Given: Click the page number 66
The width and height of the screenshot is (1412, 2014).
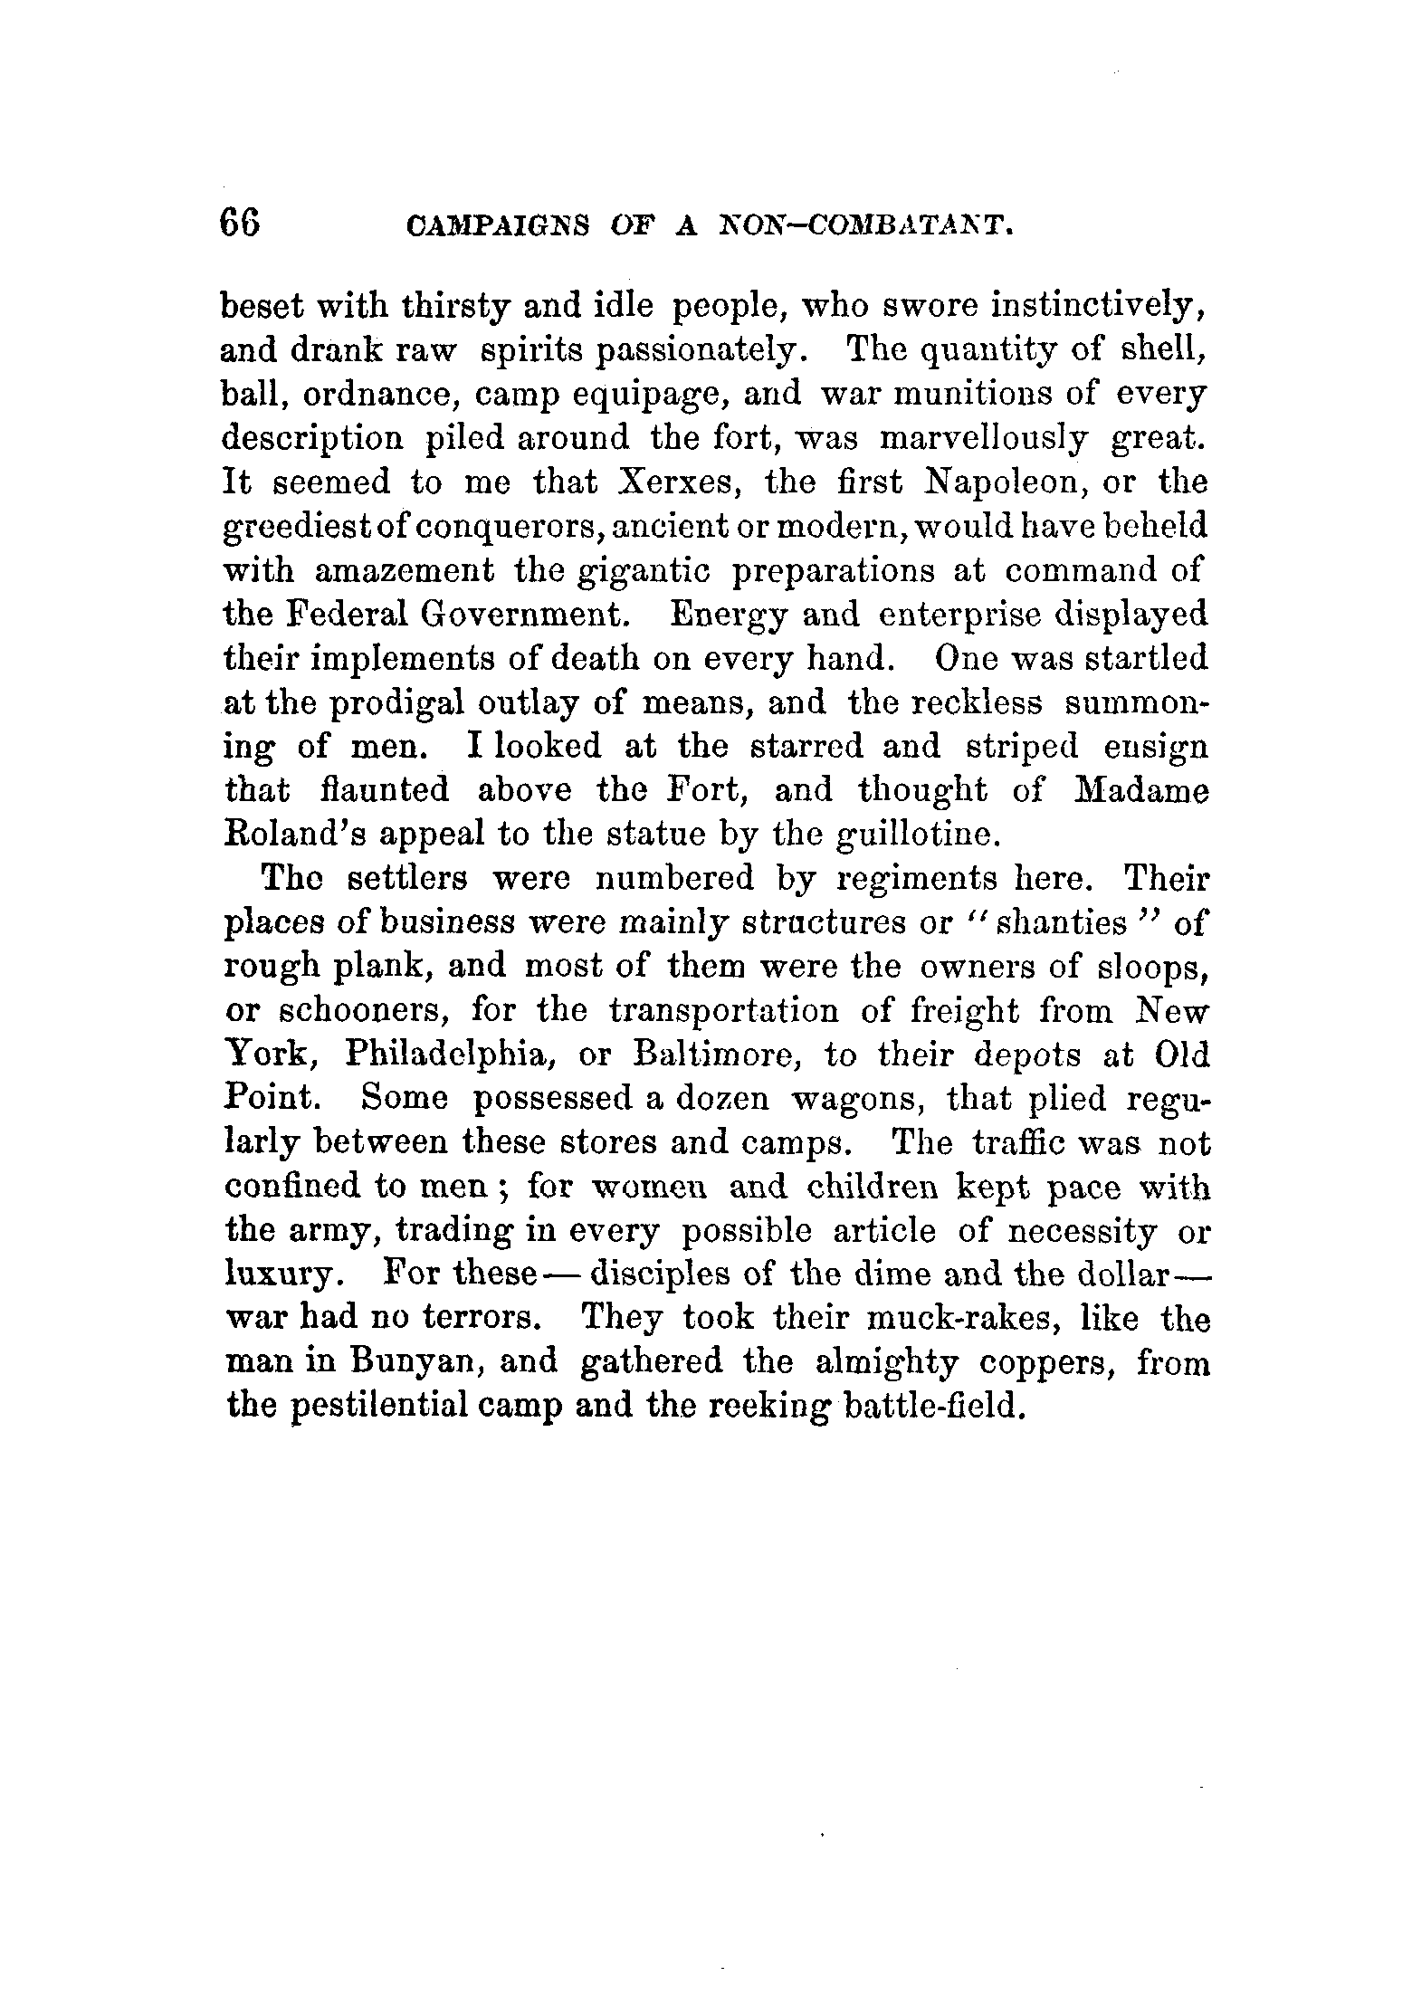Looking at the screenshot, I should click(240, 223).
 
